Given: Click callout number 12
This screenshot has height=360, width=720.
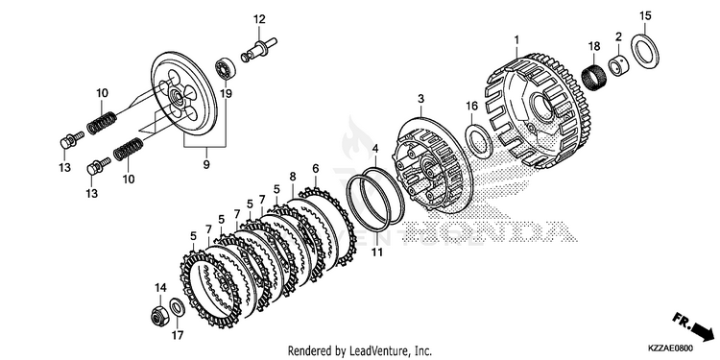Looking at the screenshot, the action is [259, 19].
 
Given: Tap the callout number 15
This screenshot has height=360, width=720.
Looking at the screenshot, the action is [645, 16].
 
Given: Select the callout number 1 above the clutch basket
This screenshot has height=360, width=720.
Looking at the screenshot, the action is [516, 40].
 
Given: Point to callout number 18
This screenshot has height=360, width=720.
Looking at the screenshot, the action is [594, 46].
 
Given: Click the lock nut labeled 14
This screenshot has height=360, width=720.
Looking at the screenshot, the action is [159, 315].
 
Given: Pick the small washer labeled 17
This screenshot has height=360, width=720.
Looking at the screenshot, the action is [178, 307].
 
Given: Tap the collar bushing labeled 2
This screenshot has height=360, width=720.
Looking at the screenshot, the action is [618, 64].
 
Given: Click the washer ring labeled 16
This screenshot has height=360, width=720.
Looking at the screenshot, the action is [479, 141].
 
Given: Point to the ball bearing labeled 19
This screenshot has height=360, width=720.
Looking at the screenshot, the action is [226, 68].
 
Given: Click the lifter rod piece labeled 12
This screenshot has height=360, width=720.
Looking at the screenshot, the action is [259, 50].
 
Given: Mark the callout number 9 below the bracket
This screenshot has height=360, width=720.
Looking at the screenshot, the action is [206, 164].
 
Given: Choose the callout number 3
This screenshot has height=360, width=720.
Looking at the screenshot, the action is [420, 99].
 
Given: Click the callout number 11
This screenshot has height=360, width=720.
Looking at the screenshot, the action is [377, 252].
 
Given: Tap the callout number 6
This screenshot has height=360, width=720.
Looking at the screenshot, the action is [315, 168].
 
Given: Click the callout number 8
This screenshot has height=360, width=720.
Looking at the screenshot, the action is [293, 176].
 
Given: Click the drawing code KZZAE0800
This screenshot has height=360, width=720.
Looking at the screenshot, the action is [671, 348].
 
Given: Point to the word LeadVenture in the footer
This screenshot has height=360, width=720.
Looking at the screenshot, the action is [375, 351].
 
